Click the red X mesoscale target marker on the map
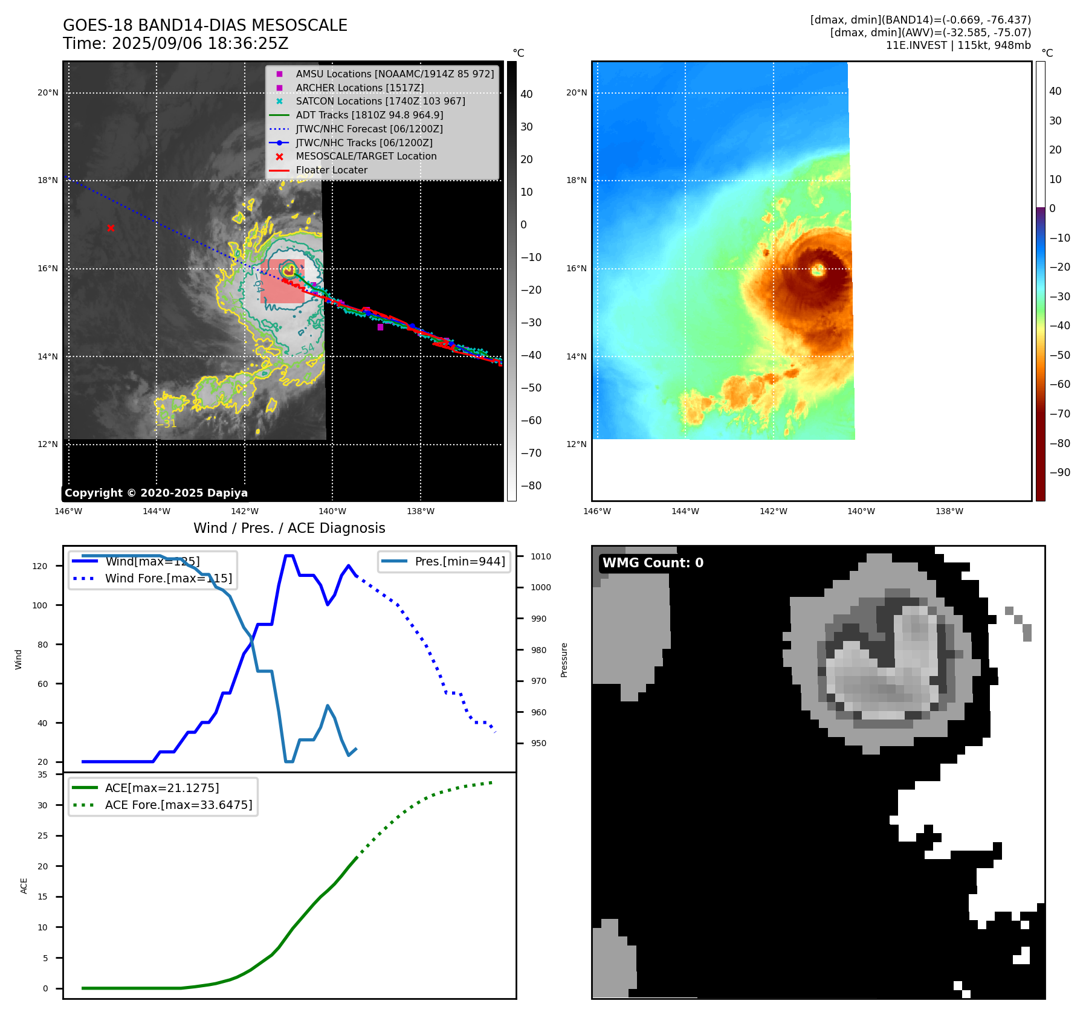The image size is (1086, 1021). [111, 228]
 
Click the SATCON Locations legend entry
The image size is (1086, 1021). [380, 101]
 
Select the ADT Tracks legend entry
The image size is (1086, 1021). [369, 115]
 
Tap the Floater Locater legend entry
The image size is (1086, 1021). [331, 170]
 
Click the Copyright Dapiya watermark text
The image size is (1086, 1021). [156, 493]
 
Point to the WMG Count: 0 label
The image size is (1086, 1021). [653, 562]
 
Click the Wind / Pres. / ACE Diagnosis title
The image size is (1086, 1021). [289, 528]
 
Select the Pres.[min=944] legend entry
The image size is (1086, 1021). [459, 561]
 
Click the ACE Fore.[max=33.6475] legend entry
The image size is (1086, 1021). [178, 805]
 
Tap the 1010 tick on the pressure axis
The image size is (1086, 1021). [541, 556]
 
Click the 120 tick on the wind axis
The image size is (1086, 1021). [39, 566]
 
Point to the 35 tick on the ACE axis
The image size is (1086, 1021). [42, 775]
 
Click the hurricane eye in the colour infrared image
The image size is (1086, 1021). [818, 269]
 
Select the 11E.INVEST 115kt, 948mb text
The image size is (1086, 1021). [958, 45]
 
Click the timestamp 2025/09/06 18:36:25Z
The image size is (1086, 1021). [200, 44]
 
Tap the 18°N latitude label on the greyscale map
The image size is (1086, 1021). [48, 180]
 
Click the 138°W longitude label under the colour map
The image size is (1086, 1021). [949, 511]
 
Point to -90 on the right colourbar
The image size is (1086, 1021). [1059, 472]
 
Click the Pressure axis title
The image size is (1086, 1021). [564, 660]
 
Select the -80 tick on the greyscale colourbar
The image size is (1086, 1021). [531, 486]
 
